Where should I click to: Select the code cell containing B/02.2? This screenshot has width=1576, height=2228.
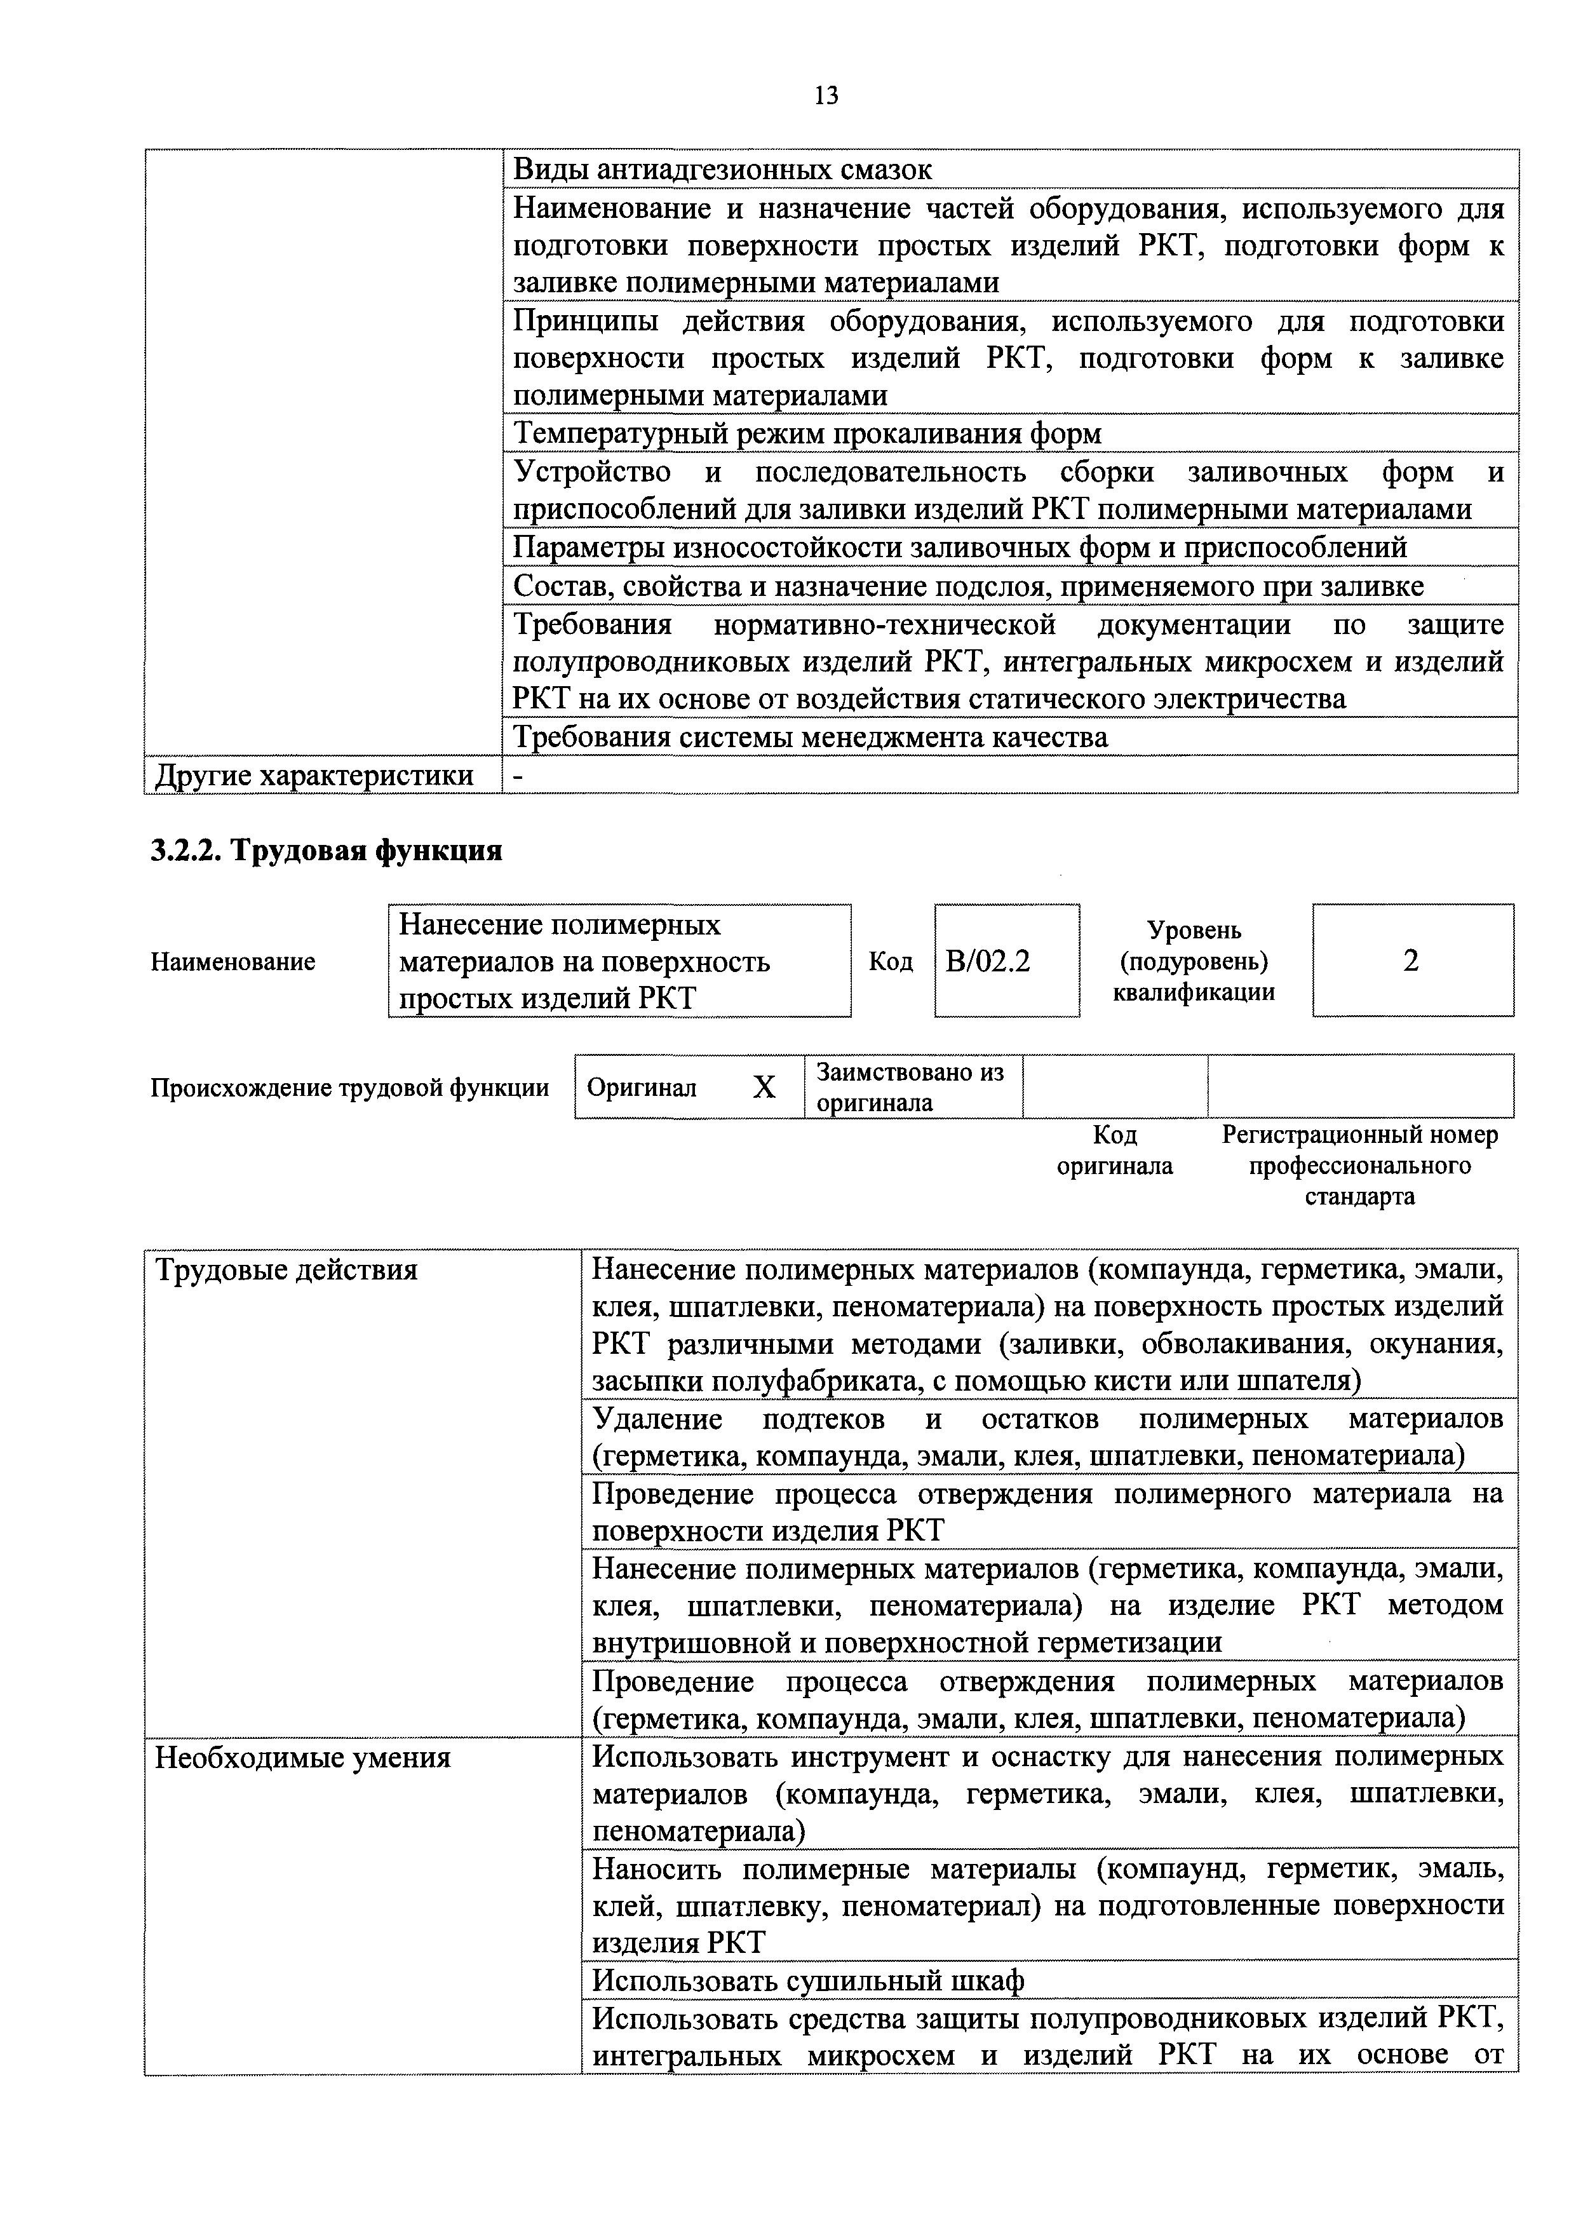pyautogui.click(x=1006, y=961)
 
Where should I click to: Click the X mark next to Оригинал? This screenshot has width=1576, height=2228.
pyautogui.click(x=765, y=1088)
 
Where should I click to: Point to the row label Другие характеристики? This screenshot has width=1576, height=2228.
pyautogui.click(x=314, y=775)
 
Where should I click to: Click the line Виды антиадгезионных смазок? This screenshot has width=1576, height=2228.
pyautogui.click(x=722, y=170)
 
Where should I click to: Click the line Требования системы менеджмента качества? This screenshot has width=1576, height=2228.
pyautogui.click(x=809, y=738)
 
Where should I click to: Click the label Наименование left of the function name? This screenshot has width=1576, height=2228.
pyautogui.click(x=233, y=962)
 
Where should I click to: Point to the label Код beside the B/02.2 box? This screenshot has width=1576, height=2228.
pyautogui.click(x=890, y=962)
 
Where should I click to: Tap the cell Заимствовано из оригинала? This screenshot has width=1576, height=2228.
pyautogui.click(x=910, y=1087)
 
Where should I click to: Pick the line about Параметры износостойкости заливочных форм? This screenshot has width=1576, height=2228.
pyautogui.click(x=959, y=547)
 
